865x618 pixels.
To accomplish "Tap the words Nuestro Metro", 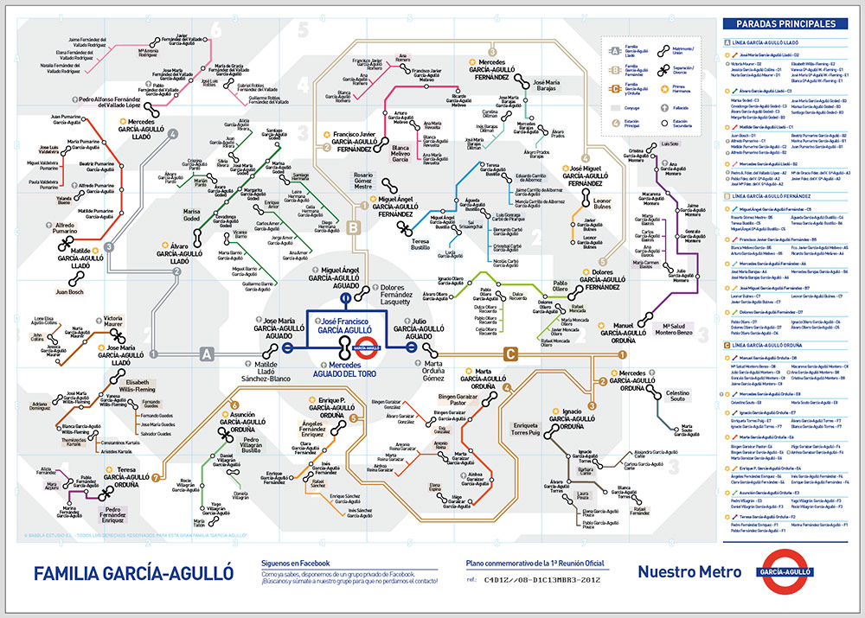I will (x=689, y=571).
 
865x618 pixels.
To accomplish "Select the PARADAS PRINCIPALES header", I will (x=785, y=24).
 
